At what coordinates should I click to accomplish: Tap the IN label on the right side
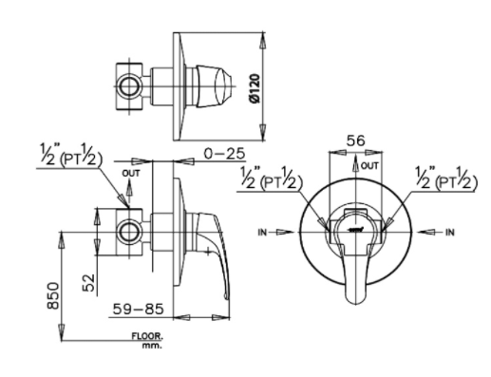point(449,231)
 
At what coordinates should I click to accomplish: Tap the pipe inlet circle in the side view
point(126,230)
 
